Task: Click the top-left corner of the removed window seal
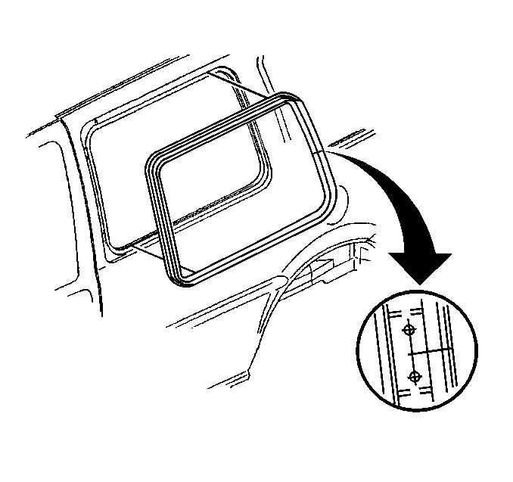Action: point(152,160)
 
